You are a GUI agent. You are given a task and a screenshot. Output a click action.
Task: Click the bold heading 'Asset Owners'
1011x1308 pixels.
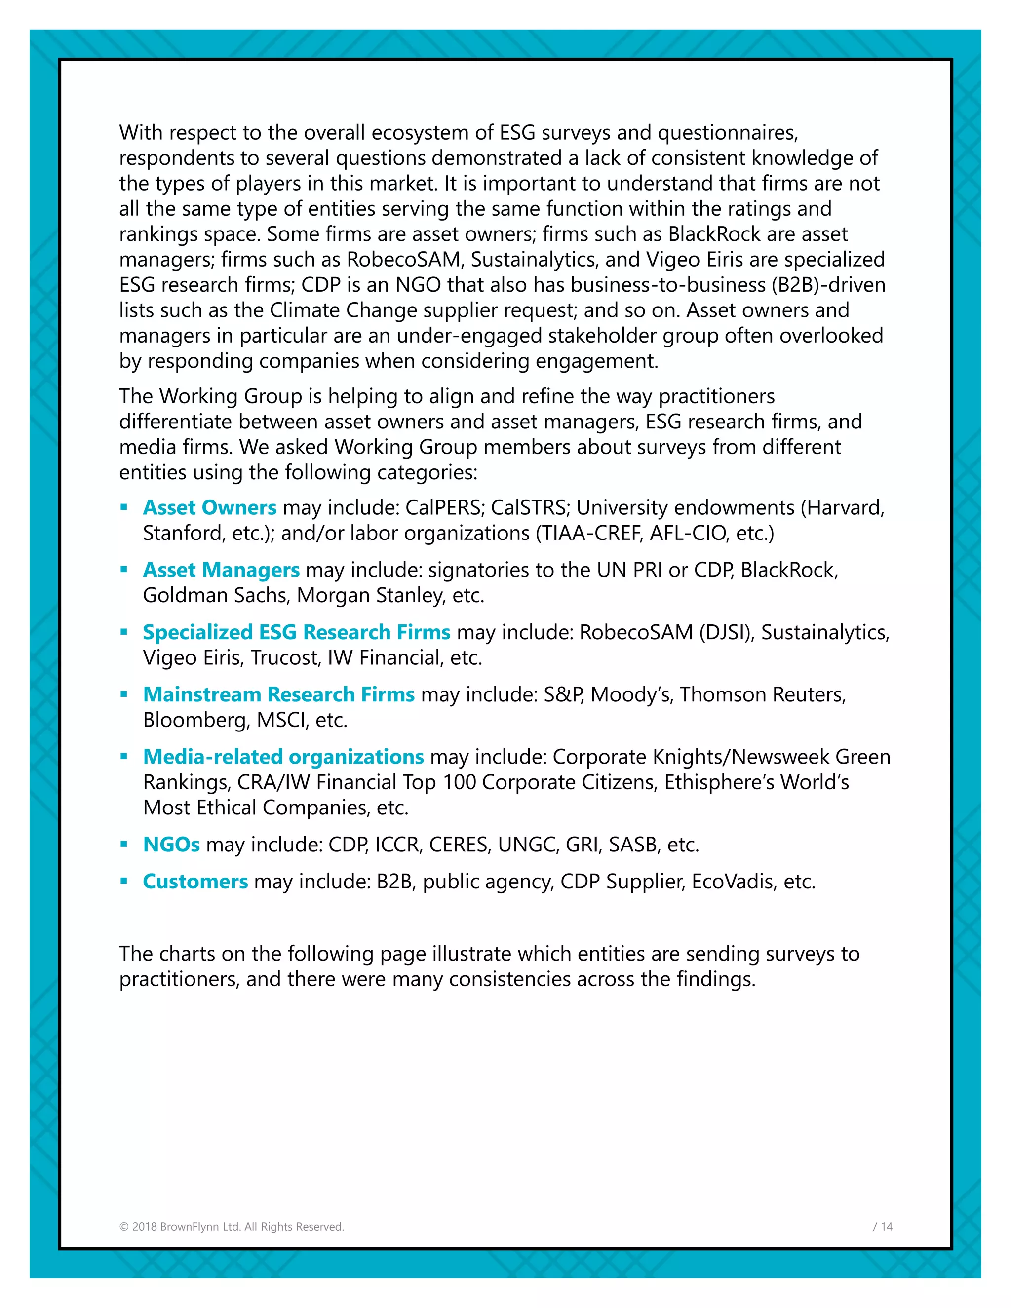point(210,507)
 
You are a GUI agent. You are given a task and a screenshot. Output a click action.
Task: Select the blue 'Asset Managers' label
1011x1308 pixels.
point(221,570)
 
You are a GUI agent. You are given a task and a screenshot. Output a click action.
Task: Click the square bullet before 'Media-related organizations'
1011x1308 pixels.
point(124,756)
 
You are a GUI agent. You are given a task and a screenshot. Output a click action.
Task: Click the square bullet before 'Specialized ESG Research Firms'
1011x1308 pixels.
point(124,632)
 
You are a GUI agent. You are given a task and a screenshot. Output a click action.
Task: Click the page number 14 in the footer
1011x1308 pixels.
point(887,1227)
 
